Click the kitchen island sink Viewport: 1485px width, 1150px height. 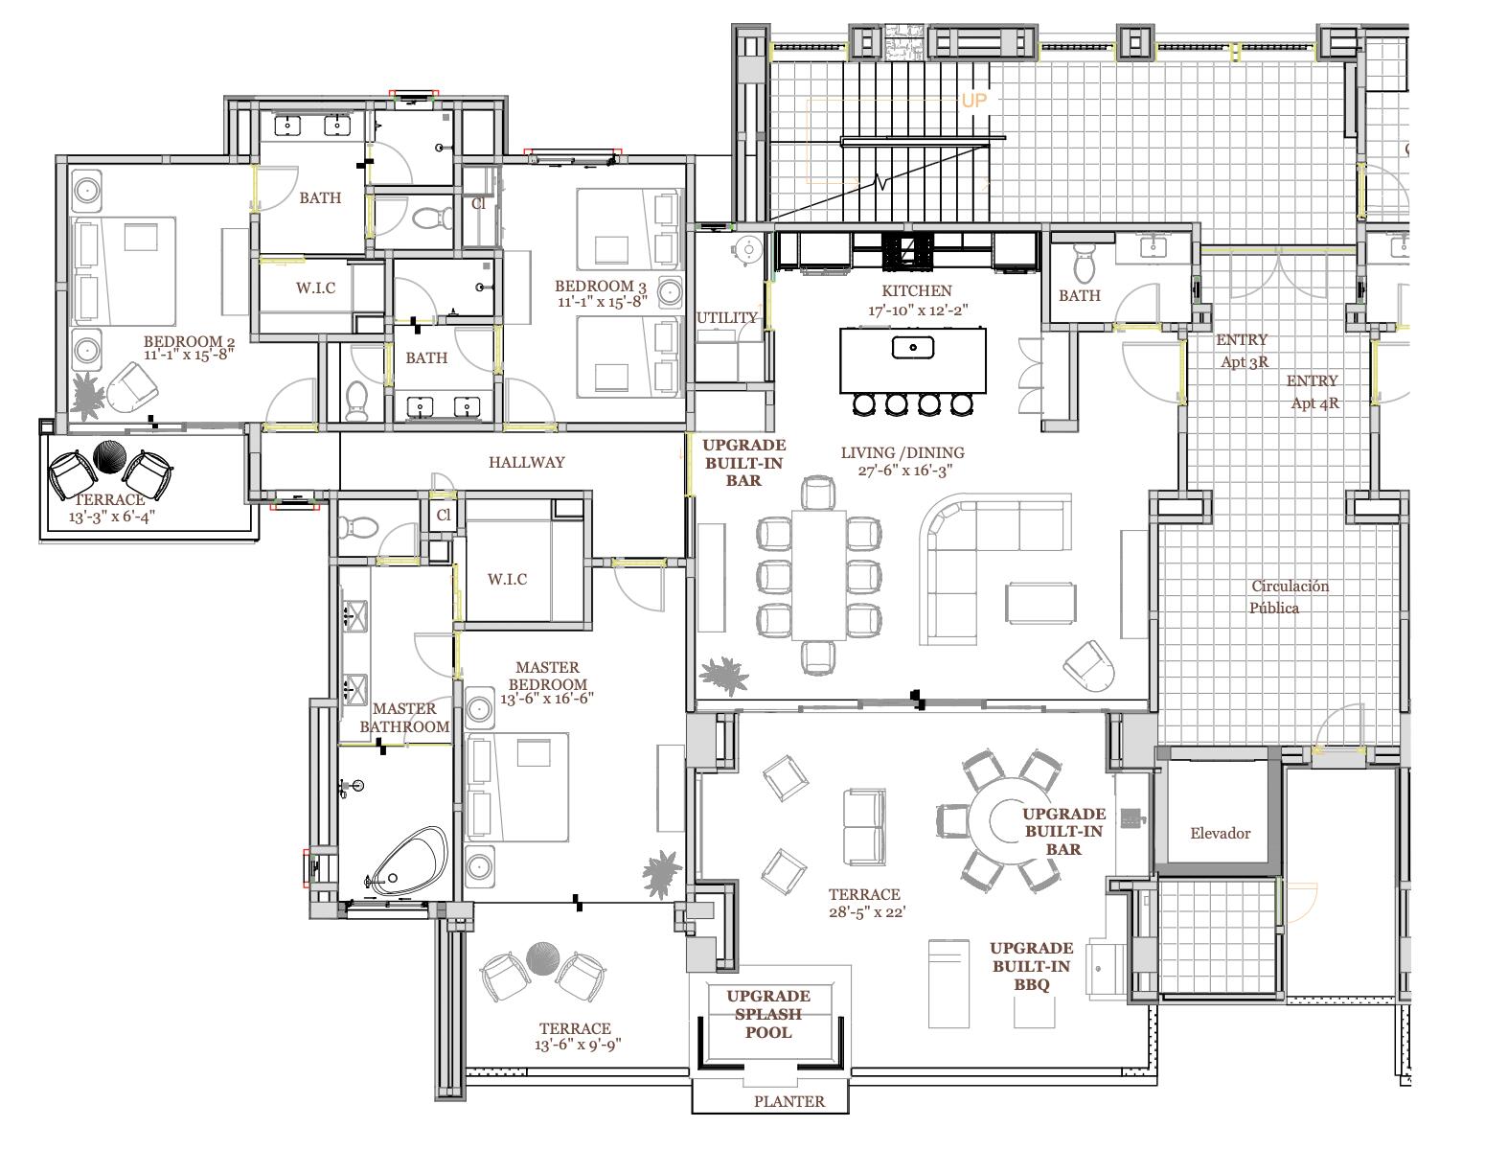coord(912,348)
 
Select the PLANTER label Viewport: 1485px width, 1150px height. coord(789,1101)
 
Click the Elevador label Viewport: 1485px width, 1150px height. coord(1220,833)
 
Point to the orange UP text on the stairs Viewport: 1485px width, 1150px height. coord(973,101)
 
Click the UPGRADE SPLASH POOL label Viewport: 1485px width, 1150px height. coord(768,1014)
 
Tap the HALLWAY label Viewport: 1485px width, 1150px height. coord(526,462)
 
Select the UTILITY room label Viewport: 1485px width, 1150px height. coord(726,318)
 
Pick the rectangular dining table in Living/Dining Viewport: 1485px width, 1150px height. coord(819,575)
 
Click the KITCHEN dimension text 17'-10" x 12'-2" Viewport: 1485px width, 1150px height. coord(918,310)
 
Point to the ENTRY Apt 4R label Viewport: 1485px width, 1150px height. coord(1313,392)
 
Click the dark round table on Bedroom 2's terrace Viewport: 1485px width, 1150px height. coord(110,456)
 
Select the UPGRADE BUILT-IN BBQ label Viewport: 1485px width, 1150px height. coord(1031,966)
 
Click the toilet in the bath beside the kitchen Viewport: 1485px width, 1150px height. coord(1084,264)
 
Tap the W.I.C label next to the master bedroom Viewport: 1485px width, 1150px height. coord(507,580)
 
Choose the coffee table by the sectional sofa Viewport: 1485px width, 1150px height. coord(1040,603)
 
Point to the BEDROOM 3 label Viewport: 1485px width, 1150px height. coord(600,286)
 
